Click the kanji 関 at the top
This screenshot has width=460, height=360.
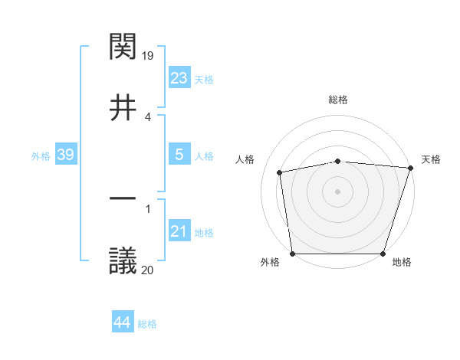click(x=123, y=48)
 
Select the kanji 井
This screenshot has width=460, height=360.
click(x=123, y=108)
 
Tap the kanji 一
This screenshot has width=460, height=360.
click(x=123, y=201)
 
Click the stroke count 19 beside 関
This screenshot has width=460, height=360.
click(x=149, y=56)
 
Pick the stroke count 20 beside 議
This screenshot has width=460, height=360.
click(x=148, y=269)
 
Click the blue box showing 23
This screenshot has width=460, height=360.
click(x=179, y=78)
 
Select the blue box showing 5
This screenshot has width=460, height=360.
click(x=179, y=155)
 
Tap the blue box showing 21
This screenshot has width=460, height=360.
click(x=179, y=231)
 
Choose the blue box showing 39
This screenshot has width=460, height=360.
click(x=66, y=155)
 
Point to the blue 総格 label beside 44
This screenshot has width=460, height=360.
click(x=147, y=324)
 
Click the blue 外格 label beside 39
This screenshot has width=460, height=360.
click(x=41, y=156)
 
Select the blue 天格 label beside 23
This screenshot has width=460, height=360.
click(x=204, y=80)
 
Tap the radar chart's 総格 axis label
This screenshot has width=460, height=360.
click(x=338, y=100)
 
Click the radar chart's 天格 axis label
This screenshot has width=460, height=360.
click(x=432, y=159)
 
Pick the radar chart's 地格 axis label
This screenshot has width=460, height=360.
click(x=402, y=263)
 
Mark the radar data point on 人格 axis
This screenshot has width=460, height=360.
click(x=281, y=172)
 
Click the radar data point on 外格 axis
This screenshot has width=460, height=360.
click(x=293, y=254)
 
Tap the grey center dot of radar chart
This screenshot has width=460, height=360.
click(x=338, y=191)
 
